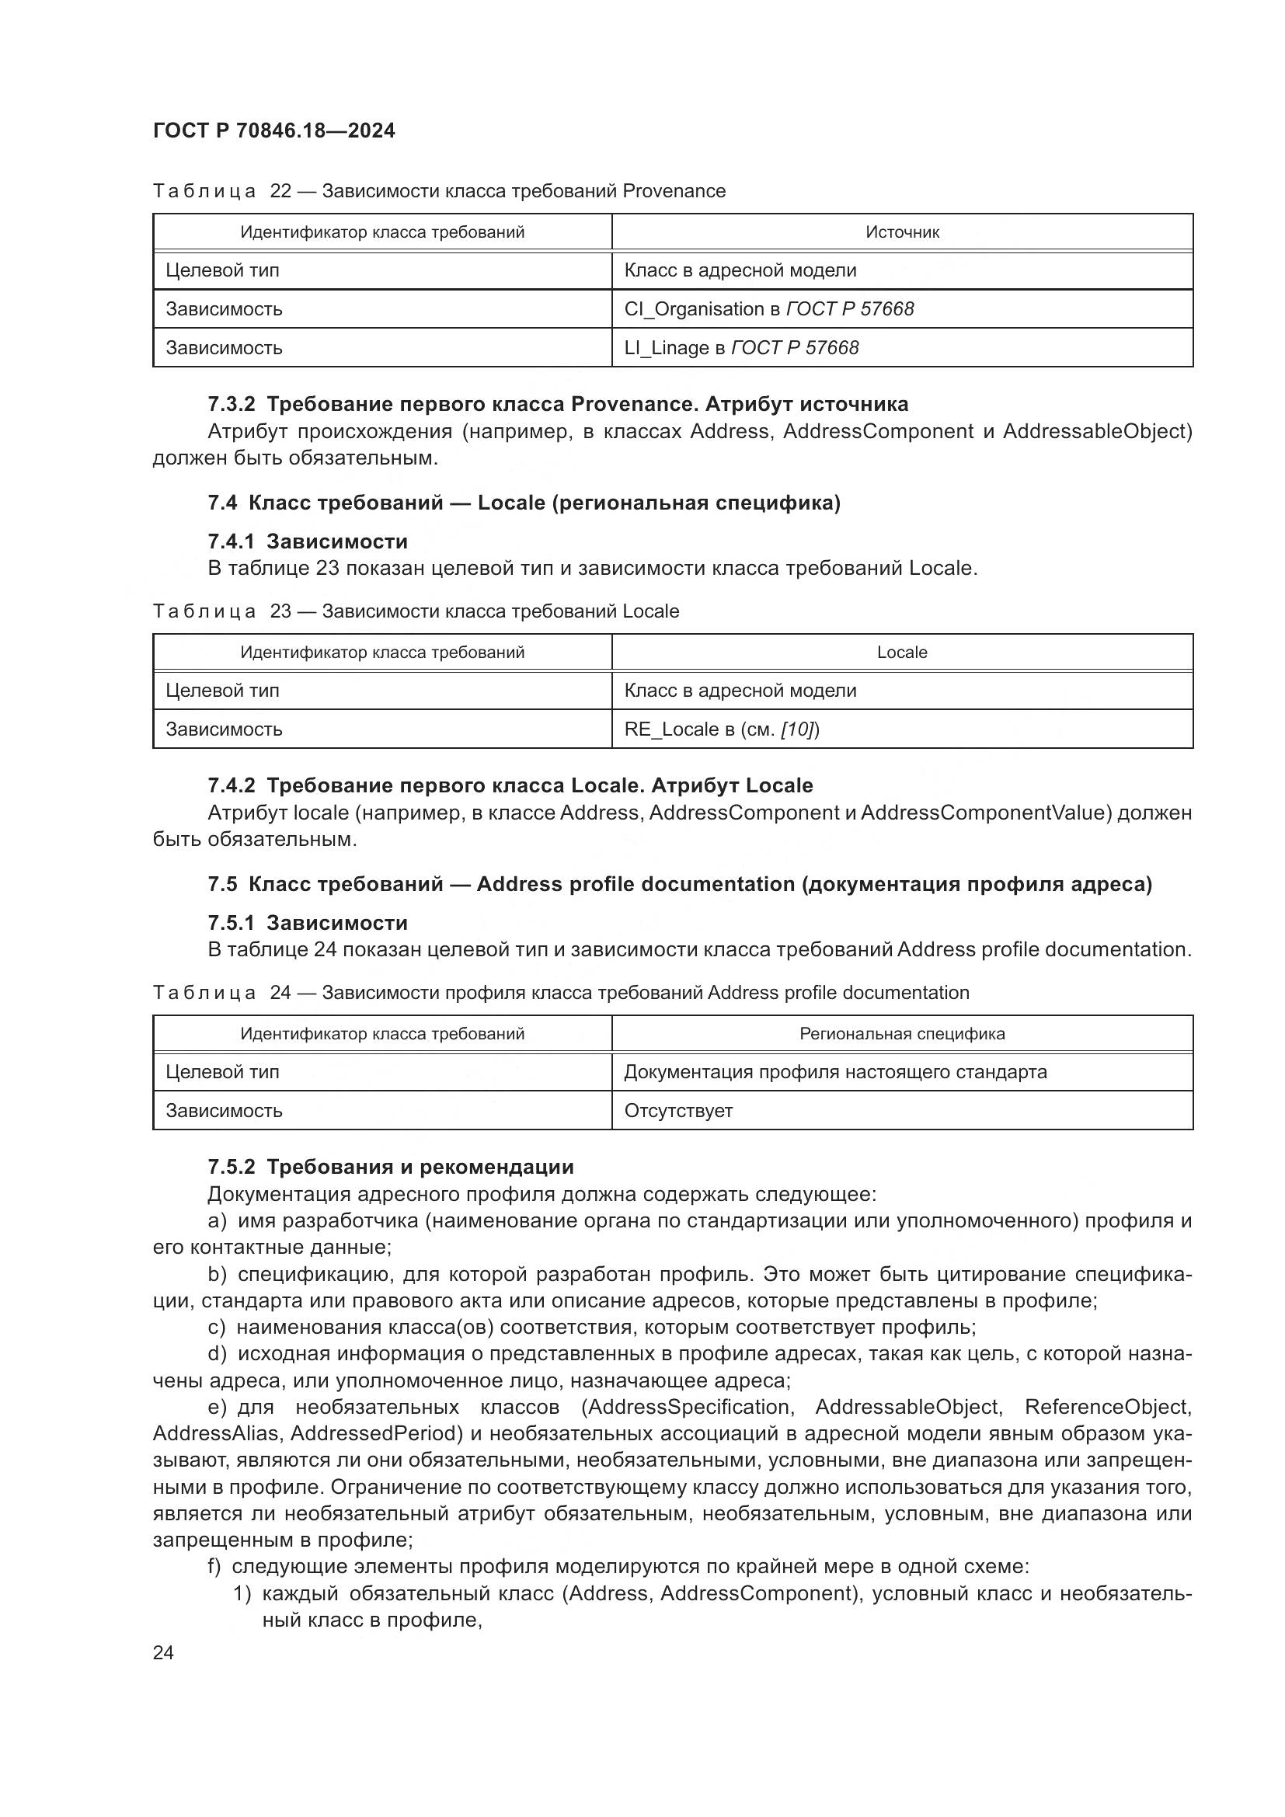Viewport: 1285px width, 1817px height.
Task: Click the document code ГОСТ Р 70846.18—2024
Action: pos(273,131)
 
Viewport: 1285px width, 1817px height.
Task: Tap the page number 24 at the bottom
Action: pos(163,1652)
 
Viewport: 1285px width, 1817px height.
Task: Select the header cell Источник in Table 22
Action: pos(902,231)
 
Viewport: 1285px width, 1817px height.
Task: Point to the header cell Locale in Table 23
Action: pos(902,652)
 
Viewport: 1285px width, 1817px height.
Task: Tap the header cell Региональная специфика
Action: pos(902,1033)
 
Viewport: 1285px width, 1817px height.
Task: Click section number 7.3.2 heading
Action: pos(231,405)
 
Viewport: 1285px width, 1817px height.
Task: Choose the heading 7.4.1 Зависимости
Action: pos(308,541)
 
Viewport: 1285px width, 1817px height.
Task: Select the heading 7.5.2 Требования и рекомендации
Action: pos(390,1167)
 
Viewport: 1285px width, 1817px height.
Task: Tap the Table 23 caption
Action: pos(416,611)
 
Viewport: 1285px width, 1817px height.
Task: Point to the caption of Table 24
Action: pos(560,992)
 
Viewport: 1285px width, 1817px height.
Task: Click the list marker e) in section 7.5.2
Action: pos(217,1407)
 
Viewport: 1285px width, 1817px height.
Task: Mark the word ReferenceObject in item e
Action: pos(1106,1407)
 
